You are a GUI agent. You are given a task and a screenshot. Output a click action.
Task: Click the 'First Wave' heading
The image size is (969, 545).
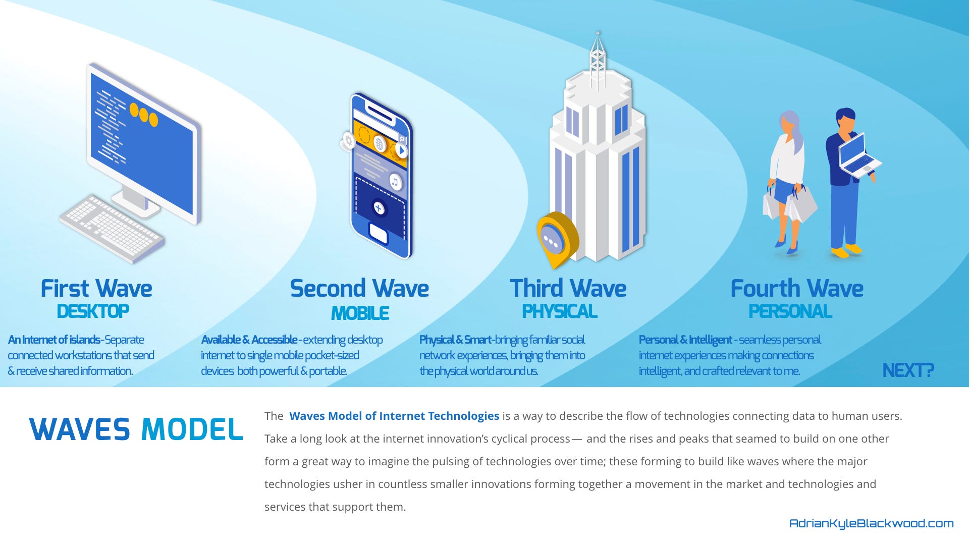point(96,289)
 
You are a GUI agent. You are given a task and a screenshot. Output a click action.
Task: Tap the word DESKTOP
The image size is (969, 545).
point(93,311)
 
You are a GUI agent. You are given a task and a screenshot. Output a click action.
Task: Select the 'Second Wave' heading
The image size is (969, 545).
point(359,289)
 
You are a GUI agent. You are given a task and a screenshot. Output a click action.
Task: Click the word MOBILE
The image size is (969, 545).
point(360,313)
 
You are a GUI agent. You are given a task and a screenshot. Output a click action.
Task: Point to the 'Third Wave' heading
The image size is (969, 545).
point(568,289)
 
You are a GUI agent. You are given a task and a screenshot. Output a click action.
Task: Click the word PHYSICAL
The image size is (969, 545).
point(560,311)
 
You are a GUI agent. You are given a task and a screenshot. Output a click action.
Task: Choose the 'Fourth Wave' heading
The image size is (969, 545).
point(797,289)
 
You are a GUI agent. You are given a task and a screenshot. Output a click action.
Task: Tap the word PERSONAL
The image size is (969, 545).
point(790,311)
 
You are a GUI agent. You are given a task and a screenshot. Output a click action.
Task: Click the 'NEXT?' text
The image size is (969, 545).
point(908,370)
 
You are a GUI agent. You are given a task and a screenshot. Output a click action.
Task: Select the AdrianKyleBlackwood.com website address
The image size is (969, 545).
point(872,523)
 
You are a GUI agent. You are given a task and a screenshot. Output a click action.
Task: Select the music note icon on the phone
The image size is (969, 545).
point(395,182)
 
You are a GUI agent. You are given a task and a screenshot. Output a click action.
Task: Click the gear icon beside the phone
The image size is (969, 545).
point(348,141)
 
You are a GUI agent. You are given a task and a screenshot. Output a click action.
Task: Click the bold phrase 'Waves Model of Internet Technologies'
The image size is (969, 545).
point(394,416)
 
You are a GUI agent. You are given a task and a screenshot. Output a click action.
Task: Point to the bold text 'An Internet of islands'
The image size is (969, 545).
point(54,340)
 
